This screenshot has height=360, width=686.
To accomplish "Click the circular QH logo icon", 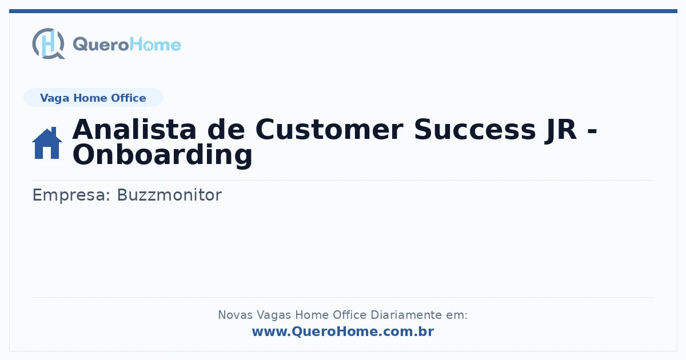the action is point(49,43).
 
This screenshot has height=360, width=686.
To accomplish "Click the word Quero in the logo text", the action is point(101,45).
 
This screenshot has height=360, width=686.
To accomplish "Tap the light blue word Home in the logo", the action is point(155,45).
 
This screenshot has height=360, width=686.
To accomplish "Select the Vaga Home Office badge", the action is point(93,98).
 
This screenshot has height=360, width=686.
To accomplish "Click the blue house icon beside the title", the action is point(47,143).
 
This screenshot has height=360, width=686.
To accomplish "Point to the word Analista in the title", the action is point(134,130).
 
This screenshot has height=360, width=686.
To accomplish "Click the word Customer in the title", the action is point(329,130).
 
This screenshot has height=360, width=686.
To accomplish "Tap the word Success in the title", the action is point(474,130).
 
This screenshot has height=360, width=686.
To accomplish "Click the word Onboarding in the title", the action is point(162,155).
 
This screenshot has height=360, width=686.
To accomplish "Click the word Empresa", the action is point(71,195).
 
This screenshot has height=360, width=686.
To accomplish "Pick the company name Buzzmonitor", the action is point(169,195).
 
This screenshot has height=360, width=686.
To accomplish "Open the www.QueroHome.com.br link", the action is point(343,331).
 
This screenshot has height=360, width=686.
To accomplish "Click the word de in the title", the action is point(226,130).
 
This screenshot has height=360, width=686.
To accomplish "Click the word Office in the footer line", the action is point(349,315).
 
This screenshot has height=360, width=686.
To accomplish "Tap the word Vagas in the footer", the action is point(274,315).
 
